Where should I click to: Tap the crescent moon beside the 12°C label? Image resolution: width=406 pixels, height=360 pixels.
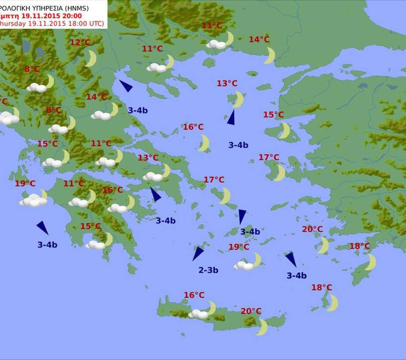[91, 58]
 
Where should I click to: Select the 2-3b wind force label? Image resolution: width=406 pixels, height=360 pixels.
[208, 270]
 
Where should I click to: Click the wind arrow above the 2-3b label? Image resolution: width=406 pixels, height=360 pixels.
[198, 253]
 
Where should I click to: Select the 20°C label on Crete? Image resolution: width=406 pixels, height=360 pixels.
[251, 311]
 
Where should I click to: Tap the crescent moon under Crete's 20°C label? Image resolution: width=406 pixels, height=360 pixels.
[262, 327]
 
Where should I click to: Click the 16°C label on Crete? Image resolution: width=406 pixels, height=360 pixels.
[194, 295]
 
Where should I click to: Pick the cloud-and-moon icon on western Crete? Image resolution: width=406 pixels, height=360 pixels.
[203, 312]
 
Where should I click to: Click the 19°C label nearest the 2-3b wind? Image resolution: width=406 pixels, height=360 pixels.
[239, 247]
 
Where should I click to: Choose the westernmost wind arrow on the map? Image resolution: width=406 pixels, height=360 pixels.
[43, 227]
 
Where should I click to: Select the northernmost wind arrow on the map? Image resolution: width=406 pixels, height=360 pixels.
[126, 86]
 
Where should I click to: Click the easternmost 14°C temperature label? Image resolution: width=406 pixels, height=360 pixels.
[259, 40]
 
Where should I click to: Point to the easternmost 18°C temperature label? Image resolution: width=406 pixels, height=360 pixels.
[359, 246]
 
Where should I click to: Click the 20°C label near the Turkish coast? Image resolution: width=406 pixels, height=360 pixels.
[312, 229]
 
